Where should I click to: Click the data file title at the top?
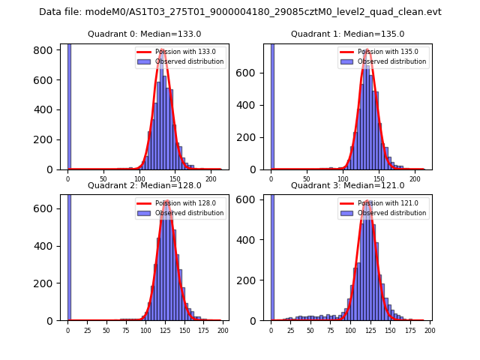[240, 12]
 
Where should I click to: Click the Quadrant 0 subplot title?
[145, 34]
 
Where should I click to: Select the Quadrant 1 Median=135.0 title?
[348, 34]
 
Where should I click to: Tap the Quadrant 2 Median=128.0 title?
[145, 185]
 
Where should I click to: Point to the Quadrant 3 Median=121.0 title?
[348, 185]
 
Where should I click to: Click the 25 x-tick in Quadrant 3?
[291, 331]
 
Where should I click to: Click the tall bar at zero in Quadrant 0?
[69, 105]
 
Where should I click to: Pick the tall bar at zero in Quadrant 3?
[272, 255]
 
